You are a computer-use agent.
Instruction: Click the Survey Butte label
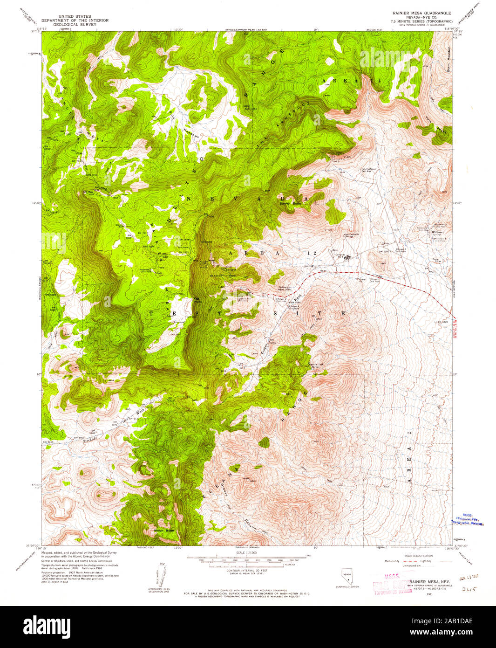pos(290,204)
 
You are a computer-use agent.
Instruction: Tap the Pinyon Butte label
pos(163,530)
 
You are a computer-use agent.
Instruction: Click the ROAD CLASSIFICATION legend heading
pos(419,556)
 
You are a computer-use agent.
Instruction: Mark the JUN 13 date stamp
pos(469,579)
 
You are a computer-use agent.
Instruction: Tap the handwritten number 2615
pos(467,589)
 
